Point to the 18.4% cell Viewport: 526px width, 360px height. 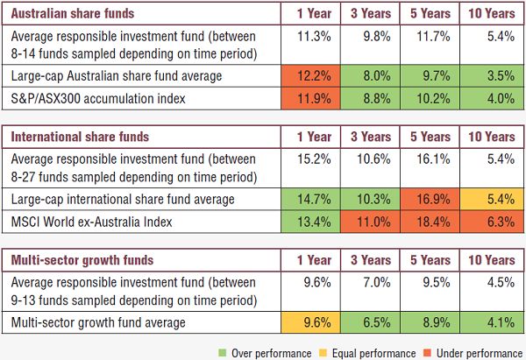coord(429,222)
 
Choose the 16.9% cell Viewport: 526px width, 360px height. coord(429,200)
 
